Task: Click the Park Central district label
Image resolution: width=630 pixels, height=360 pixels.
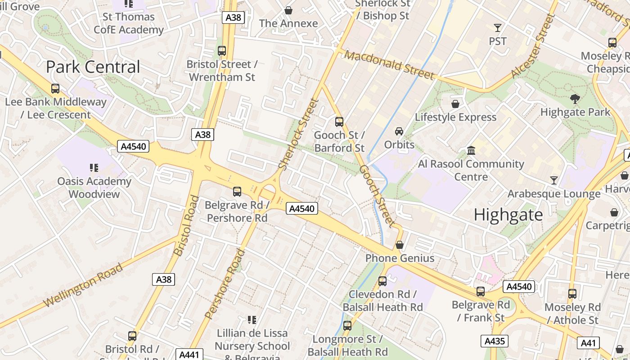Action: [x=93, y=67]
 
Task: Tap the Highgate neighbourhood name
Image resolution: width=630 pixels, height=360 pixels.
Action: [x=508, y=215]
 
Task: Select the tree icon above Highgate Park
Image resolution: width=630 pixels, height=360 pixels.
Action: [x=575, y=99]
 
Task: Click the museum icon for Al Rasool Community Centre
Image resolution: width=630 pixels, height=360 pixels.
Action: [x=471, y=150]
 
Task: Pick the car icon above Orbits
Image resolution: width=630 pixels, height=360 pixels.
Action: [x=399, y=131]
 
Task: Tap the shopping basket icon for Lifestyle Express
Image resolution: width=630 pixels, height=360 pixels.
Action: [x=455, y=104]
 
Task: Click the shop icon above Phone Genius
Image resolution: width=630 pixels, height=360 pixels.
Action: [x=400, y=245]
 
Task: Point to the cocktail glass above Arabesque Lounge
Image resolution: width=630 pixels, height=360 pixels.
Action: [x=554, y=180]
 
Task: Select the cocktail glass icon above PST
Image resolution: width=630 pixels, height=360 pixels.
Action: [x=497, y=28]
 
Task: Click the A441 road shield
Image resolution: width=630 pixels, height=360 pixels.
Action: [x=189, y=355]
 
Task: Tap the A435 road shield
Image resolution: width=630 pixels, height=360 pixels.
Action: [x=495, y=341]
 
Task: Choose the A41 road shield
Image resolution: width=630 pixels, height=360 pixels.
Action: [x=588, y=343]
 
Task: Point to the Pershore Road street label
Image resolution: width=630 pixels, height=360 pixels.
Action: [x=225, y=283]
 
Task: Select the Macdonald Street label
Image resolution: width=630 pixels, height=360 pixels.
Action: [x=390, y=65]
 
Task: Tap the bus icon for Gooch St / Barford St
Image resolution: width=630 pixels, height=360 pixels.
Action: [x=339, y=121]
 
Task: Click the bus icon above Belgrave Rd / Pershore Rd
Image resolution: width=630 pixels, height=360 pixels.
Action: [x=237, y=192]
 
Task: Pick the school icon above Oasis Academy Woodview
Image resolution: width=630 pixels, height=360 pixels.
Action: [x=94, y=168]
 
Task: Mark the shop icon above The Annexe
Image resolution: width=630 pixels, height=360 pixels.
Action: [x=288, y=10]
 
